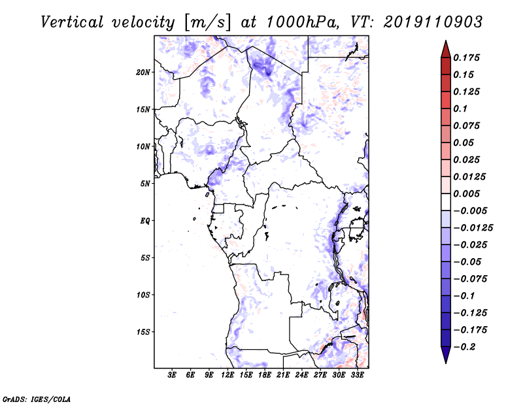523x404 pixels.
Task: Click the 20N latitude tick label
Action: (144, 72)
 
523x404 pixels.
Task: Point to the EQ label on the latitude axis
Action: (145, 221)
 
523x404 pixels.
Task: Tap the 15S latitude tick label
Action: (144, 332)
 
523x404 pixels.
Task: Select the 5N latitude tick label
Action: (146, 184)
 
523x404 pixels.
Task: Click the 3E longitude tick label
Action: (173, 375)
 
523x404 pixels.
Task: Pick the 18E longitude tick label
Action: (265, 375)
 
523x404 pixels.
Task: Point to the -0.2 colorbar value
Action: (465, 346)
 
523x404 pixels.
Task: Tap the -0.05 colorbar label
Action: (467, 261)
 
